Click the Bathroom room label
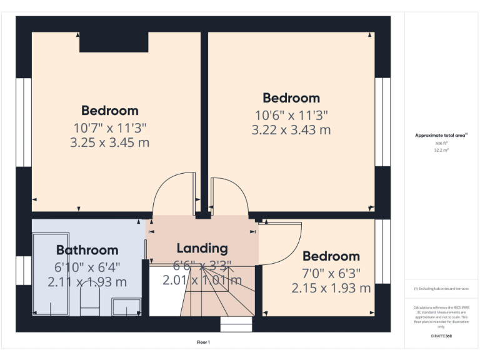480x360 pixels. click(87, 251)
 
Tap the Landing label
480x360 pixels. click(202, 249)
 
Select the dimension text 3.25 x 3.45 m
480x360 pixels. click(110, 142)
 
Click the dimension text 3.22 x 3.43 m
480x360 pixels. click(291, 130)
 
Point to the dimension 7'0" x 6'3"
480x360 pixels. click(331, 272)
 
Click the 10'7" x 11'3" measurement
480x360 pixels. click(110, 127)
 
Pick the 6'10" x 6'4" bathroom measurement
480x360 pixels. click(87, 266)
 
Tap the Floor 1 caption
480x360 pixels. click(203, 342)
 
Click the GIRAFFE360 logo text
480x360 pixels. click(441, 337)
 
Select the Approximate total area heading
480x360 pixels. click(441, 135)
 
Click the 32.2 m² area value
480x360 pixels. click(441, 151)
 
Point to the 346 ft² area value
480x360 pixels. click(441, 143)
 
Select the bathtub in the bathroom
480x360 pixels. click(51, 275)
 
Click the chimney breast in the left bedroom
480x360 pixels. click(113, 42)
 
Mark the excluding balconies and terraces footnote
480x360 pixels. click(441, 289)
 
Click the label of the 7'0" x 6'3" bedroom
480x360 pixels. click(331, 256)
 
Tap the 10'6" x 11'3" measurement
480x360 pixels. click(291, 115)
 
